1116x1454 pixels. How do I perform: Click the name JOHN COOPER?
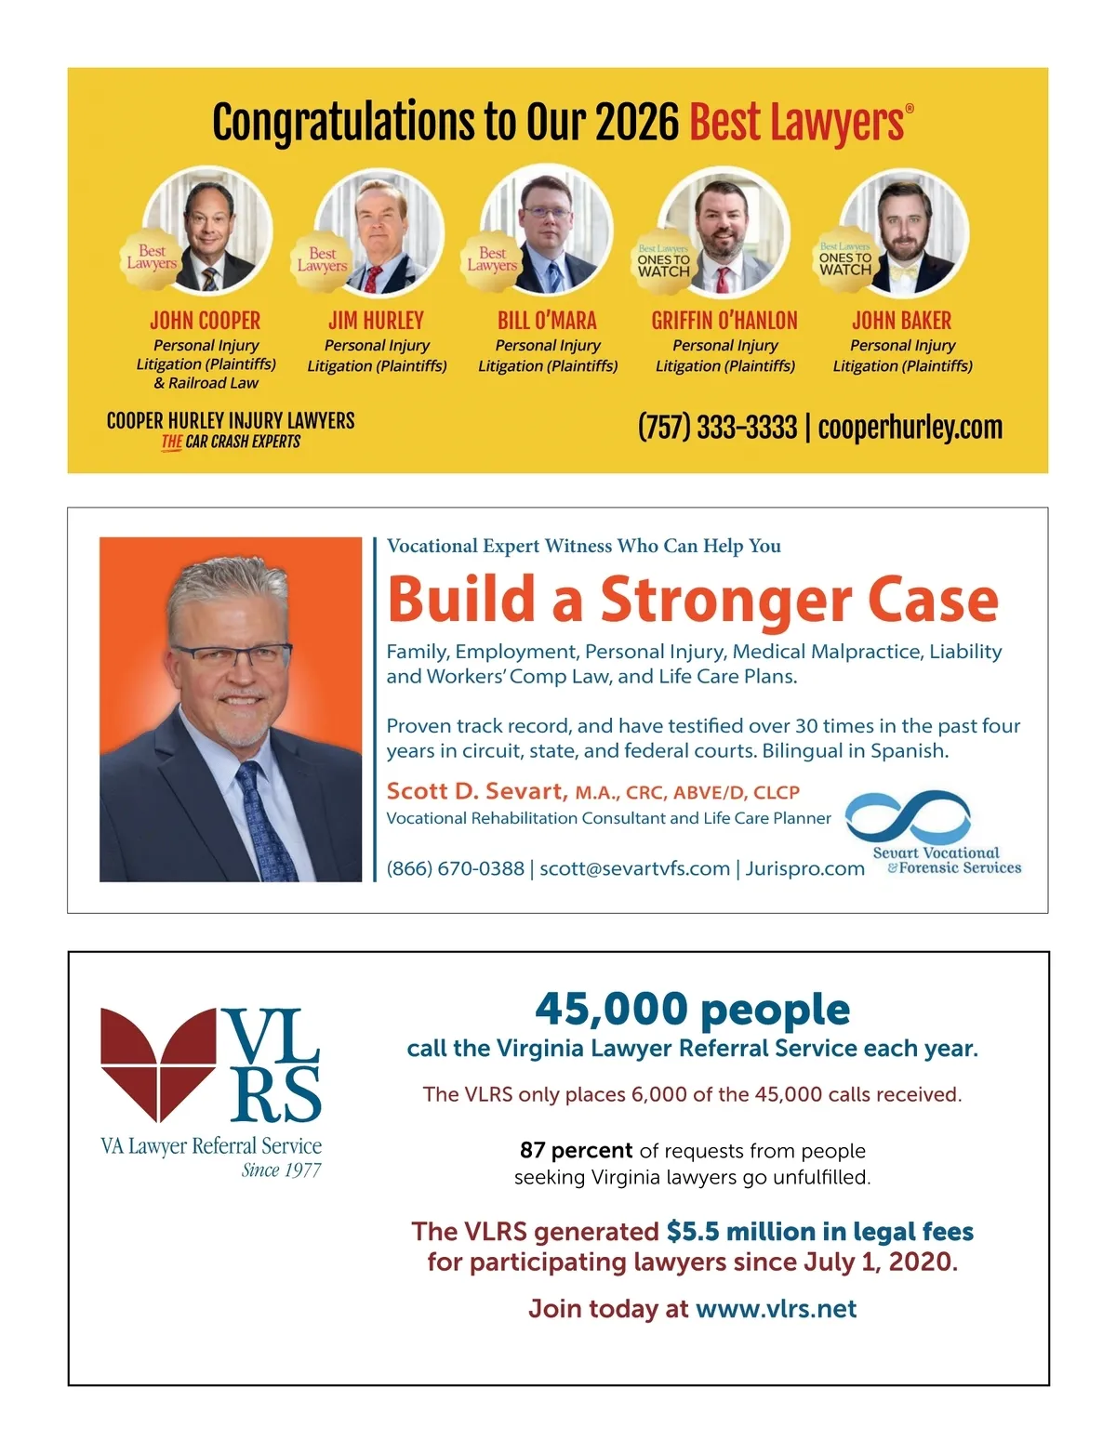[206, 321]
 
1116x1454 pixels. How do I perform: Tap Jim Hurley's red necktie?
[373, 277]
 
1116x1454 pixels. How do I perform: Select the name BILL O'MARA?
[547, 321]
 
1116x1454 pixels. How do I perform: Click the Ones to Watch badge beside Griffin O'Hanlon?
[664, 262]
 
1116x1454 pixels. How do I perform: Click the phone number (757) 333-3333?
[717, 428]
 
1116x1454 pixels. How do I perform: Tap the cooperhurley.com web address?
[910, 428]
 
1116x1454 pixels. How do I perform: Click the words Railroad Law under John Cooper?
[213, 383]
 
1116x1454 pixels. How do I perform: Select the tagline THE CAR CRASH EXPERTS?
[231, 442]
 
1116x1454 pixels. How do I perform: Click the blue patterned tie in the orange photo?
[267, 818]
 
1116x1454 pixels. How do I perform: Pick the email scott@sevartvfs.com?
[634, 868]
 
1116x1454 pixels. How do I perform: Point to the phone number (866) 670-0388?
[456, 868]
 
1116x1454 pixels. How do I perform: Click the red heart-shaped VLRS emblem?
[158, 1060]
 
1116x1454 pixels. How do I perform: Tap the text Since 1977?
[281, 1170]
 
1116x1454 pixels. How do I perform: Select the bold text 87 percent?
[576, 1150]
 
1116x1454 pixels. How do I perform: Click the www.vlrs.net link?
[776, 1309]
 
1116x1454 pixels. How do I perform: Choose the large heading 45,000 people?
[692, 1009]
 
